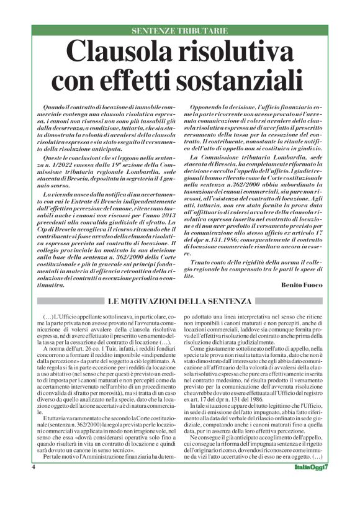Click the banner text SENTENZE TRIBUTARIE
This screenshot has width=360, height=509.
point(179,30)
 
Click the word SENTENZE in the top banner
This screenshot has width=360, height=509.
point(154,30)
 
